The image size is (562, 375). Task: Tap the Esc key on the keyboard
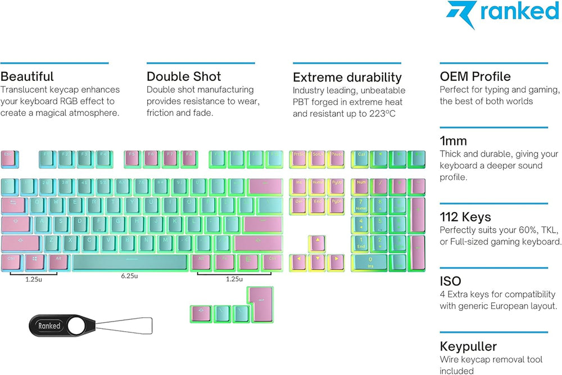click(x=10, y=159)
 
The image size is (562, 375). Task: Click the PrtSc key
click(x=299, y=159)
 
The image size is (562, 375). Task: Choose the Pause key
click(x=336, y=159)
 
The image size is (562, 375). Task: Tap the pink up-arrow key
click(x=318, y=243)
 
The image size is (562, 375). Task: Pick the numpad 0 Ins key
click(x=370, y=262)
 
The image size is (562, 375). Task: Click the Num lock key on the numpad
click(x=361, y=186)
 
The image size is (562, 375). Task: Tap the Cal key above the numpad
click(x=361, y=159)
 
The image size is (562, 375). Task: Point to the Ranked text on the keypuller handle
click(x=49, y=326)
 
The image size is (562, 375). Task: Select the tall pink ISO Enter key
click(x=261, y=304)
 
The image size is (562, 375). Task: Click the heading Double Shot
click(x=184, y=76)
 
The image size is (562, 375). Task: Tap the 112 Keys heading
click(x=465, y=217)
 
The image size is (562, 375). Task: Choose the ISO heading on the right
click(x=450, y=281)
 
